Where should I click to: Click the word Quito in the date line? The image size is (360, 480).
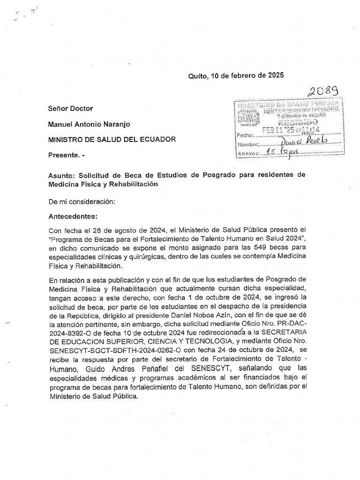pos(198,75)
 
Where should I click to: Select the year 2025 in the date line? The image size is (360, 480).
pos(274,75)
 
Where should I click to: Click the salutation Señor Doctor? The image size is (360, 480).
pos(71,108)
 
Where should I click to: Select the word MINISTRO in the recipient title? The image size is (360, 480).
pos(66,139)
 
